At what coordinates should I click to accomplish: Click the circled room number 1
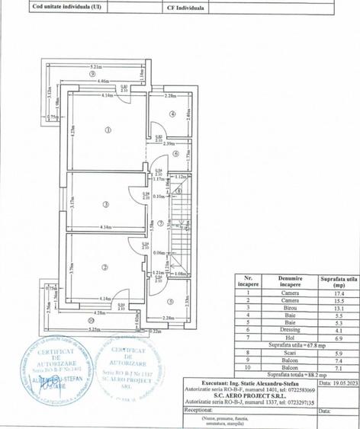tap(107, 130)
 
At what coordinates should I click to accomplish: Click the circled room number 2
tap(102, 267)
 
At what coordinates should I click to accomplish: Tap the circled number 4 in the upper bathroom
tap(173, 115)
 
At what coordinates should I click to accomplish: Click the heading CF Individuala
tap(187, 6)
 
